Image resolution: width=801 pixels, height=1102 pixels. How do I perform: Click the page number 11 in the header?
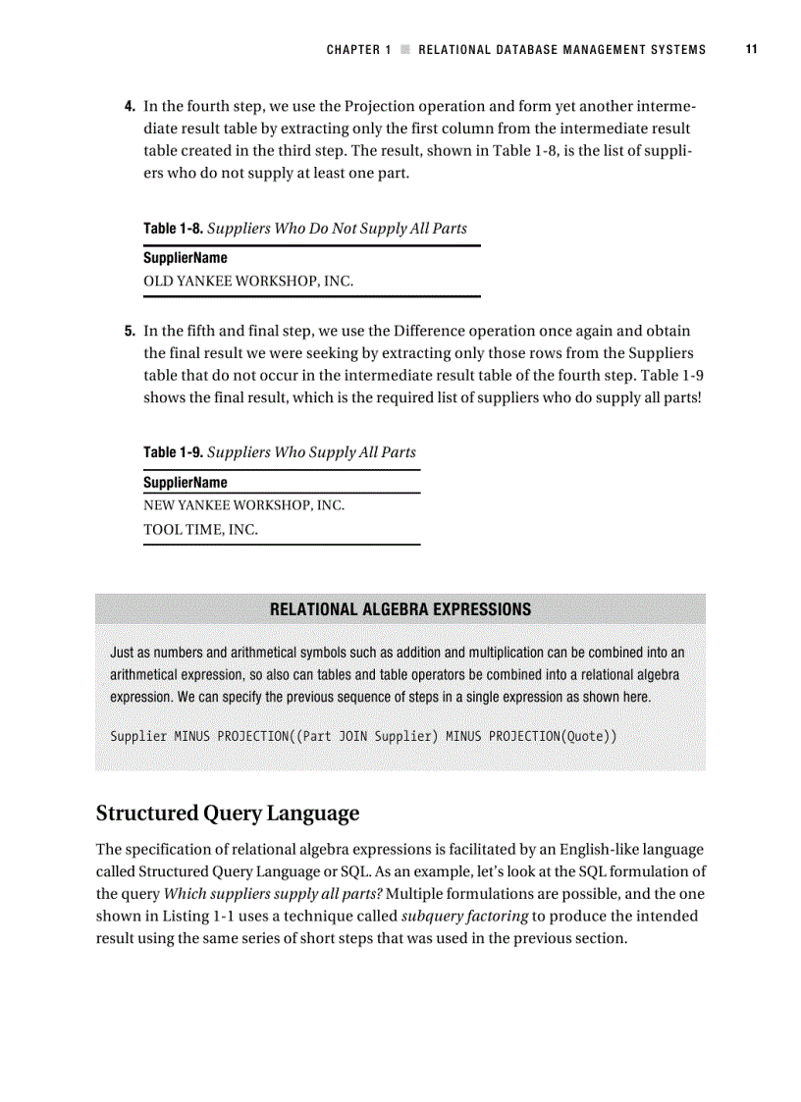751,49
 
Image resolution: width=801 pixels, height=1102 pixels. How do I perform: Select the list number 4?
129,106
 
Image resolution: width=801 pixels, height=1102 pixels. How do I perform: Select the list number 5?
129,331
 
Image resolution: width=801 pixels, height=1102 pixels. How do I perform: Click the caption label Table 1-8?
173,229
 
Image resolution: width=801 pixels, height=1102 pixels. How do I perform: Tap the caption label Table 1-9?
173,452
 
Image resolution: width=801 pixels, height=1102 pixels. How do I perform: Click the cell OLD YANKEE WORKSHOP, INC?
248,282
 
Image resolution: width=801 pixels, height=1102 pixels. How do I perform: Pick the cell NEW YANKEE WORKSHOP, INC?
243,506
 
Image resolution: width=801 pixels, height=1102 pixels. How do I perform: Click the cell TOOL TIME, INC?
200,530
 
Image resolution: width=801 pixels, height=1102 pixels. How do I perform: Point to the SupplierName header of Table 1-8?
186,258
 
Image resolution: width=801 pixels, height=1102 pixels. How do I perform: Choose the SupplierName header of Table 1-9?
186,483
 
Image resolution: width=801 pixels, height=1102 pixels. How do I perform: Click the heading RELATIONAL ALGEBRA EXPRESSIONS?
400,609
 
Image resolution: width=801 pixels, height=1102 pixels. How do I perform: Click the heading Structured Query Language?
227,813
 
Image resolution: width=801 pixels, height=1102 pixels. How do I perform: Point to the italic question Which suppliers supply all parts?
272,895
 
